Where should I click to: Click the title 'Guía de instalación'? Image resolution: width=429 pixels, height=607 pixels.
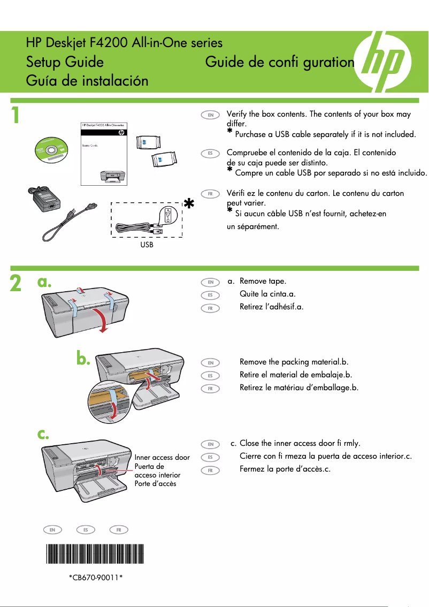tap(87, 81)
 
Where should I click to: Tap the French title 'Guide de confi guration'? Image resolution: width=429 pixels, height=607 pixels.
tap(280, 62)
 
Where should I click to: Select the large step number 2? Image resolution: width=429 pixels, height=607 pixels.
tap(17, 284)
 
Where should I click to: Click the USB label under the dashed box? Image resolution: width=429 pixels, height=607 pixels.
tap(147, 245)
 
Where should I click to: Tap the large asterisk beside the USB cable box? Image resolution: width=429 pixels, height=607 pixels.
tap(188, 204)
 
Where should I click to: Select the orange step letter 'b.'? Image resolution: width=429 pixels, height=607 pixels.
tap(83, 359)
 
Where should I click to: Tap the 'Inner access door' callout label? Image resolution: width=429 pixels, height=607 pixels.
tap(162, 458)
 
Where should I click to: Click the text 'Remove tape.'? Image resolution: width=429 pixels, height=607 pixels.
tap(263, 281)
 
